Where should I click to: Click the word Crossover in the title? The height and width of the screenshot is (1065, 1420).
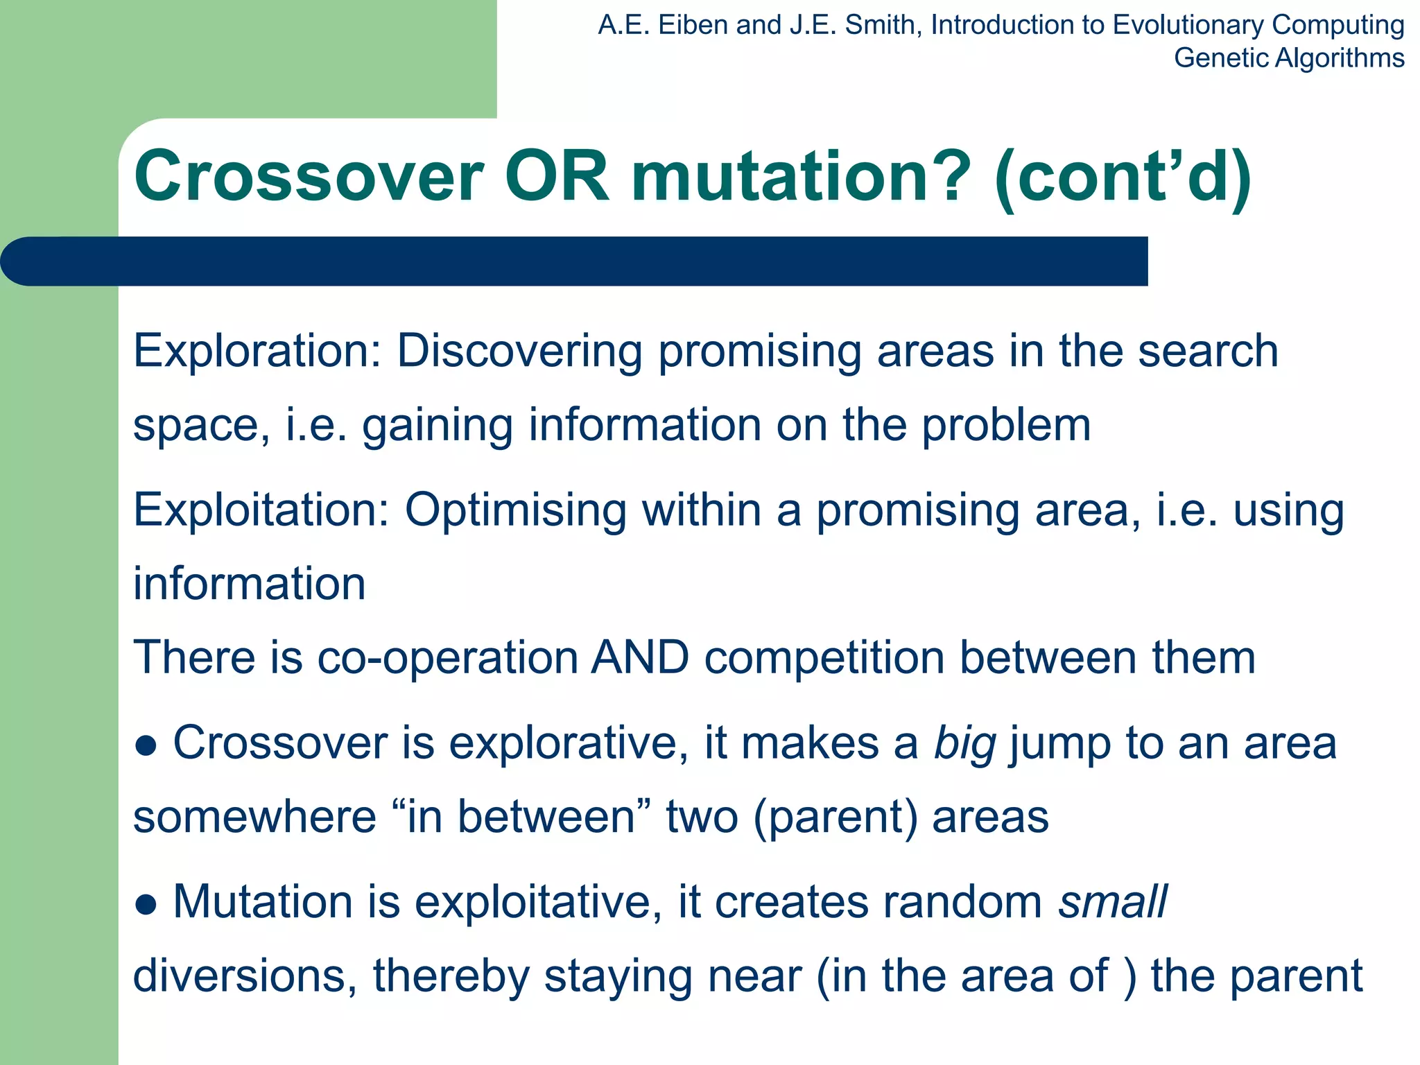(309, 177)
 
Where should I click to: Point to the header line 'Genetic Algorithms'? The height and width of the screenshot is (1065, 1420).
(1289, 58)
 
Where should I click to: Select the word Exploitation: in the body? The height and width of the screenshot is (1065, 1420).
(261, 511)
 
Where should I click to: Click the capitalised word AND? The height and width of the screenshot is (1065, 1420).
(640, 657)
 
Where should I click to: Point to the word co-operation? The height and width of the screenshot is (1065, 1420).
(448, 659)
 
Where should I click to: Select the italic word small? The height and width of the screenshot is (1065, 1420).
(1113, 902)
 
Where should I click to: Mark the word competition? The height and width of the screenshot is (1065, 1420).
(824, 659)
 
